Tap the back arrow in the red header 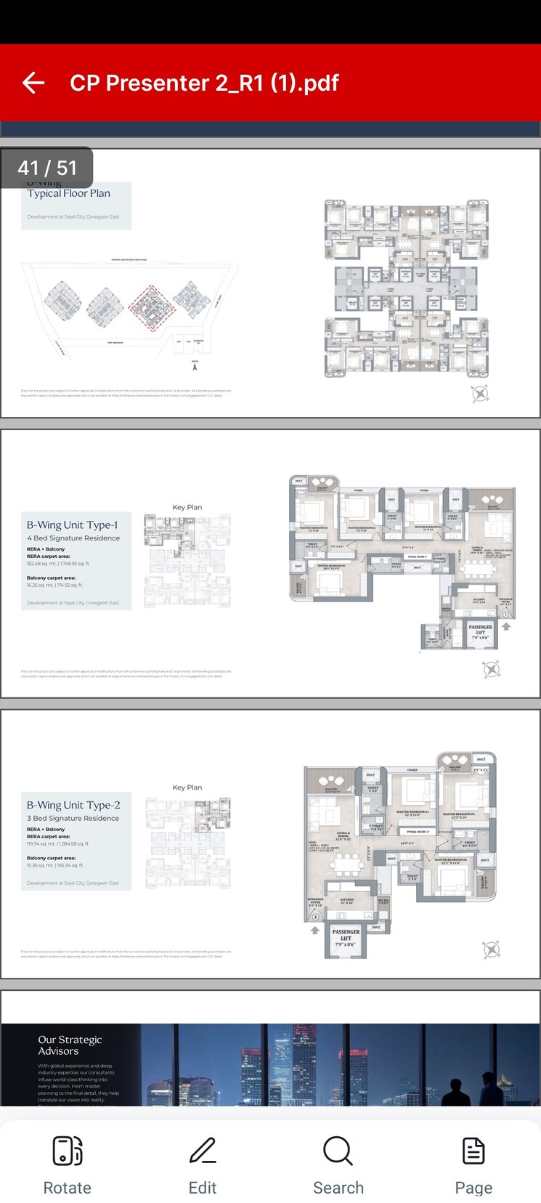[33, 83]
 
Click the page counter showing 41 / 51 [47, 168]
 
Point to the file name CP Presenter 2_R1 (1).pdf [204, 83]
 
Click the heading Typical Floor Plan [69, 194]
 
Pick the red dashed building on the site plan [152, 309]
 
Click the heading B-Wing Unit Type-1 [73, 524]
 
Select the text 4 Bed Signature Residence [73, 538]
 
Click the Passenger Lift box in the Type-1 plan [480, 631]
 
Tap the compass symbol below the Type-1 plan [491, 669]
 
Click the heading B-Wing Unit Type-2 [73, 805]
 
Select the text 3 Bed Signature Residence [73, 818]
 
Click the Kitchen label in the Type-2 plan [347, 901]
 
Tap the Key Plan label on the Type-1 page [187, 507]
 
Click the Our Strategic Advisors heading [70, 1045]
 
